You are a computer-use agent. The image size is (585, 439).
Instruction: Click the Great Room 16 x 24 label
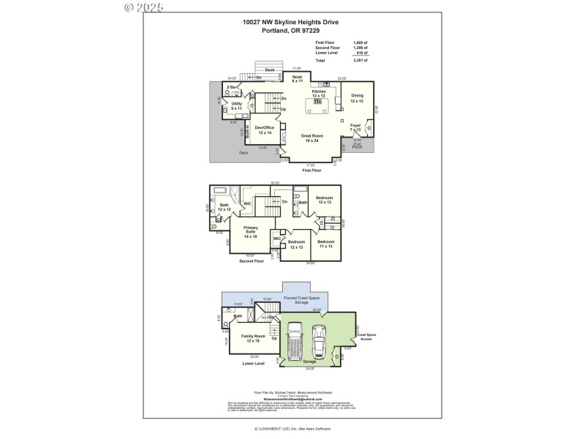312,137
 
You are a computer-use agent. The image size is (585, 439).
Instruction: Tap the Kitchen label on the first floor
319,93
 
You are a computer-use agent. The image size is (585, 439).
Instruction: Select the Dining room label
356,98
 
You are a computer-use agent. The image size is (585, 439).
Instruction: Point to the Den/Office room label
264,130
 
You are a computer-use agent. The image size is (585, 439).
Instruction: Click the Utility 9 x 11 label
236,106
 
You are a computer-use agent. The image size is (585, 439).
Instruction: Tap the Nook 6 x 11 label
297,78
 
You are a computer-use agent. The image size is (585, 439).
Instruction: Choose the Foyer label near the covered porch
355,127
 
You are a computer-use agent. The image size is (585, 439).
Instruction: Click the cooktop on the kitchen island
319,102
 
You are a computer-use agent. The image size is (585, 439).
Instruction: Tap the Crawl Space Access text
366,336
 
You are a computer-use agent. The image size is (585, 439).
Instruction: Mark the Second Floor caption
252,261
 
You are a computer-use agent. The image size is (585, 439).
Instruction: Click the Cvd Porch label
358,146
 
